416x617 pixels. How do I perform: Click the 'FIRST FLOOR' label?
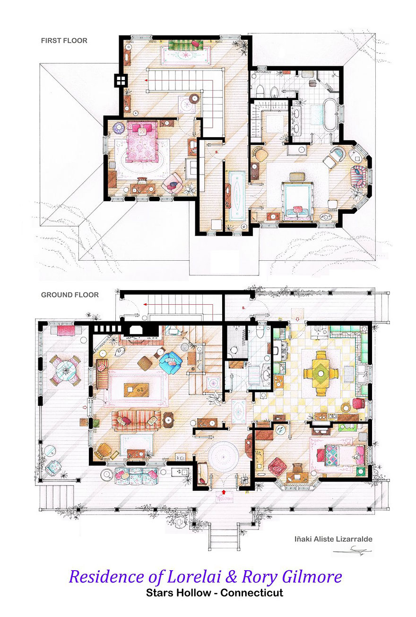click(x=64, y=41)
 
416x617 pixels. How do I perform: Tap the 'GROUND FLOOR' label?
click(x=69, y=295)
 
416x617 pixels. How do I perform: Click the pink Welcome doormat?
click(x=224, y=498)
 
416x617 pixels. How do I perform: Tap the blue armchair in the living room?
click(x=170, y=363)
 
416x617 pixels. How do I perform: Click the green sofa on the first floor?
click(x=185, y=45)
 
